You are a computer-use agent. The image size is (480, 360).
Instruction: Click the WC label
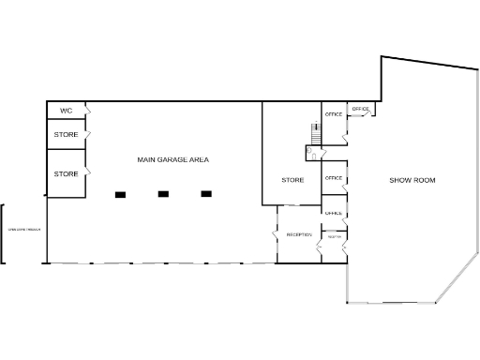click(x=66, y=111)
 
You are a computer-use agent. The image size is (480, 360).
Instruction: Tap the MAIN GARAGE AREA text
click(x=172, y=160)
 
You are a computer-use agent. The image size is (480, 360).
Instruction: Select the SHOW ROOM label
click(x=412, y=180)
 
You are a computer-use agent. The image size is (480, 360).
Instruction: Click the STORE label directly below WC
click(x=66, y=135)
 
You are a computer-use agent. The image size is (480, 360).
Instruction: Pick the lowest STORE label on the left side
click(x=66, y=173)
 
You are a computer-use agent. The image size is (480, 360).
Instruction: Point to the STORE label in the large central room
click(x=293, y=180)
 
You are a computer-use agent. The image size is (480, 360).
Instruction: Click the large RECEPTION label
click(x=299, y=234)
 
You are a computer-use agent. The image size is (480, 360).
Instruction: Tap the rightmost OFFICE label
click(x=361, y=110)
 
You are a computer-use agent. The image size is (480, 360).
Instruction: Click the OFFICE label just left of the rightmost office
click(x=334, y=114)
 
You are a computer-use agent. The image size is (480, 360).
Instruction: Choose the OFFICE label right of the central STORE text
click(x=333, y=178)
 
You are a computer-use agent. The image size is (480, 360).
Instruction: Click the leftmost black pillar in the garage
click(x=120, y=194)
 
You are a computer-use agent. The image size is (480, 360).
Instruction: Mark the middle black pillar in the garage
click(x=163, y=194)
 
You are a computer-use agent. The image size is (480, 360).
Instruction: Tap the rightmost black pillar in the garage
click(x=206, y=194)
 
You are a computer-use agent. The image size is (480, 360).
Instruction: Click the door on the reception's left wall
click(x=277, y=228)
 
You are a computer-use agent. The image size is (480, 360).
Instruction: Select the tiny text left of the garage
click(x=25, y=230)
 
